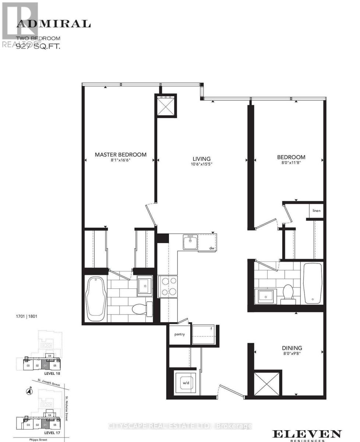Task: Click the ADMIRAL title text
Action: (x=53, y=24)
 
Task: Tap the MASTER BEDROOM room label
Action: (x=120, y=155)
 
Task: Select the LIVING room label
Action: (x=201, y=159)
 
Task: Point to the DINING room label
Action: (x=292, y=348)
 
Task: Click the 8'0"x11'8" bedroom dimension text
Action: (x=291, y=164)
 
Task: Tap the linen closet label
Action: (x=317, y=211)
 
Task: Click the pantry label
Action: (x=180, y=334)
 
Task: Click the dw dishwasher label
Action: (x=212, y=248)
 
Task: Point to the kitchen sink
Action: (x=190, y=242)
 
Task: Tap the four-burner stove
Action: (x=168, y=286)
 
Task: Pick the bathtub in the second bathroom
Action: (x=313, y=283)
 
